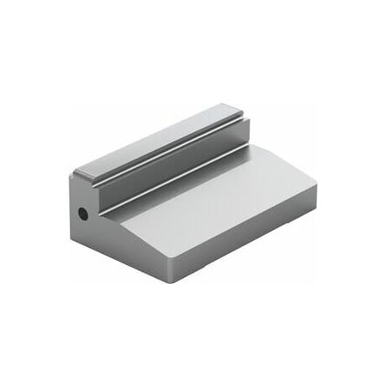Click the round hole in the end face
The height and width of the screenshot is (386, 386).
[82, 211]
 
